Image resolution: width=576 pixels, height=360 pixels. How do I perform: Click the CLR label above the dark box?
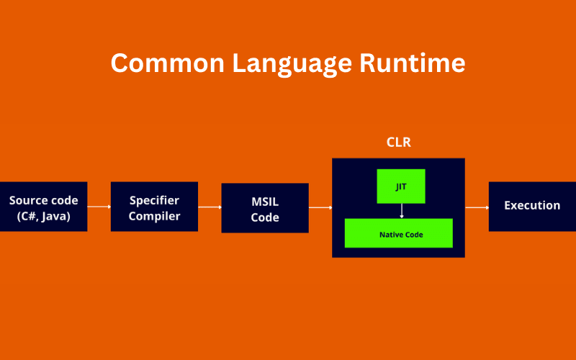point(398,143)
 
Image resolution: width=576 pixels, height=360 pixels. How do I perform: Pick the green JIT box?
point(401,186)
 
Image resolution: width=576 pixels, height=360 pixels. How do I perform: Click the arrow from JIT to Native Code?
point(401,210)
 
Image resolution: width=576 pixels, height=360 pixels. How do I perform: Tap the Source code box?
point(43,207)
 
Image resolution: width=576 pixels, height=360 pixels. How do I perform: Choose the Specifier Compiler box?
point(154,207)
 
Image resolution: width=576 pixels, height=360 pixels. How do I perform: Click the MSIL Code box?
point(265,207)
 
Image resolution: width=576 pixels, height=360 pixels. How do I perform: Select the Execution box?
point(532,206)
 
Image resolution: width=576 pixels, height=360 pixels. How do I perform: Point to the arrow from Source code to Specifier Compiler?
point(99,207)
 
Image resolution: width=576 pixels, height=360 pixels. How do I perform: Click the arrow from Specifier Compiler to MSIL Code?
point(210,207)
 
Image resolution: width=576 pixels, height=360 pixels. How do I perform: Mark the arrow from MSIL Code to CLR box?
point(320,207)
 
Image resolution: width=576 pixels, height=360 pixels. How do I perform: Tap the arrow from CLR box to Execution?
point(477,207)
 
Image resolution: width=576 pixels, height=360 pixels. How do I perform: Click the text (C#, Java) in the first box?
point(43,215)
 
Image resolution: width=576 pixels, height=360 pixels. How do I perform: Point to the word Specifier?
point(154,199)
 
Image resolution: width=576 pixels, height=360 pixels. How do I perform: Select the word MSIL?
point(265,201)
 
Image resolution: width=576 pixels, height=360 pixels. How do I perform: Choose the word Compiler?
point(154,215)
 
